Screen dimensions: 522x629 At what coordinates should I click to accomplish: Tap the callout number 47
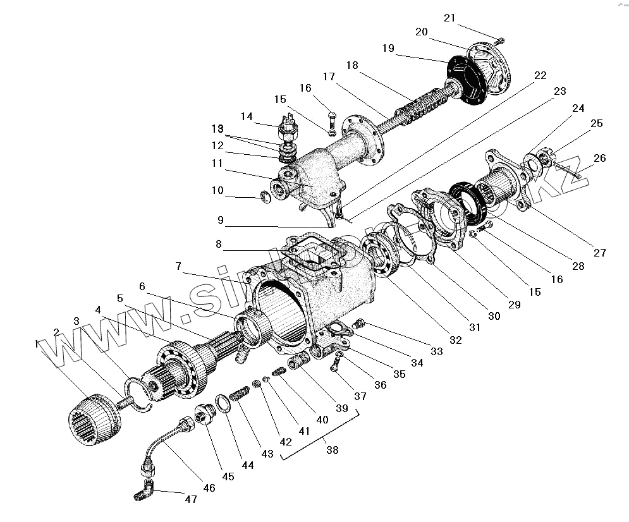[x=190, y=499]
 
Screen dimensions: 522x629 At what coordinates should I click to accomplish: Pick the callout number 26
[x=599, y=158]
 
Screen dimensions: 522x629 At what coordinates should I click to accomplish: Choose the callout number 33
[x=436, y=351]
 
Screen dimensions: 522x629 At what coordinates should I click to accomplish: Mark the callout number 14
[x=247, y=116]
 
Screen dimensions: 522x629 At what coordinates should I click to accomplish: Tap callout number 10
[x=217, y=190]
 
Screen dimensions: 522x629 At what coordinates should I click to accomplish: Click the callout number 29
[x=514, y=304]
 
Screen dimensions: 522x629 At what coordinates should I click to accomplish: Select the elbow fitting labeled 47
[x=145, y=490]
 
